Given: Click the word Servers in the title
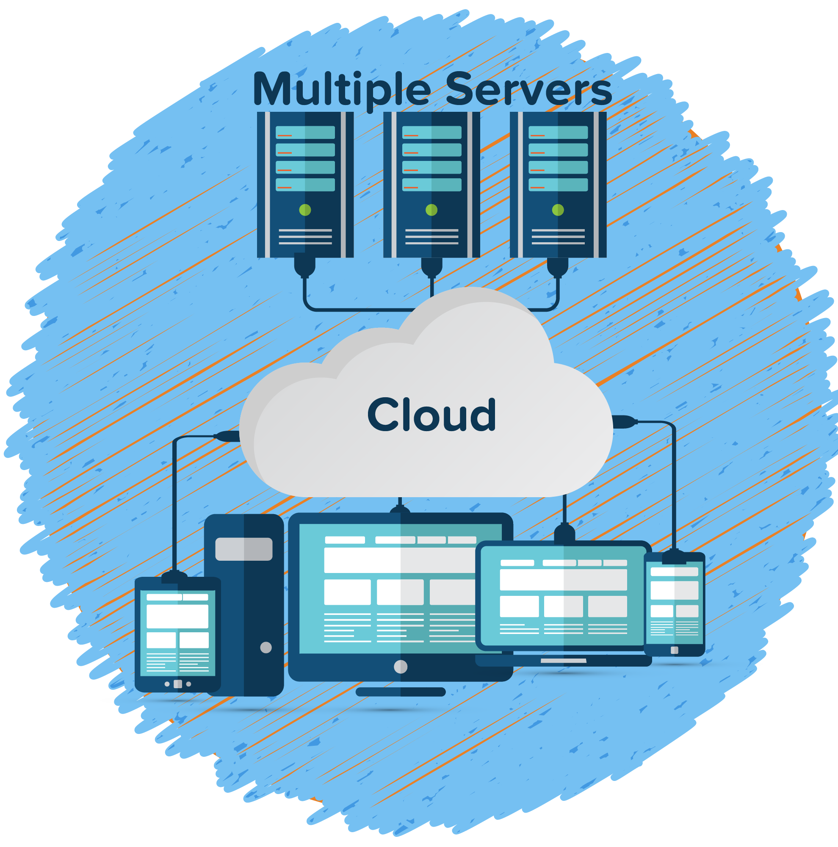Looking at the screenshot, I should coord(528,90).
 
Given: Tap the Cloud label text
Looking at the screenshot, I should coord(432,414).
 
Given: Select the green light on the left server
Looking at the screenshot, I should coord(305,210).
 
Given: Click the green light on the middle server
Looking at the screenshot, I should coord(432,210).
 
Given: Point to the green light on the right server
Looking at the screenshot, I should coord(558,210).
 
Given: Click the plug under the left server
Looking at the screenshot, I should coord(304,265).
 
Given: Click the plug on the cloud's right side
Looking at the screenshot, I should coord(625,422).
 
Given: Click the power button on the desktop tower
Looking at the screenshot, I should coord(266,647).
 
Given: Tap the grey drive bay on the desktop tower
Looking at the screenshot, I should coord(243,549).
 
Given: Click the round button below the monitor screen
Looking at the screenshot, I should coord(401,667).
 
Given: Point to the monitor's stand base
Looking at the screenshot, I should coord(401,692).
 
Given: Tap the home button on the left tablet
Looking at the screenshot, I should coord(177,684).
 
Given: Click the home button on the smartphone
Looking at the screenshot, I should coord(675,650).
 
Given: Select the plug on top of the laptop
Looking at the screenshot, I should coord(564,534).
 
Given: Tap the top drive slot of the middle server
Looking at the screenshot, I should coord(432,133).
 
